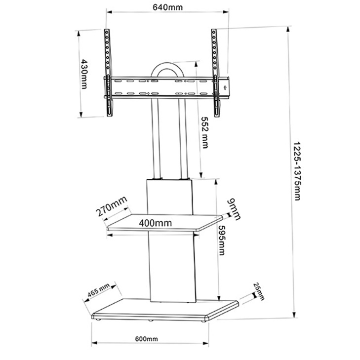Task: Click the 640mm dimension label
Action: (167, 7)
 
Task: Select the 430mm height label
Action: (84, 74)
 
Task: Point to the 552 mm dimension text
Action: (204, 132)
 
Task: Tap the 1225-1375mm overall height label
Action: (297, 171)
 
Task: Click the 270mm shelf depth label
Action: (112, 206)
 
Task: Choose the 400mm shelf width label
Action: (155, 223)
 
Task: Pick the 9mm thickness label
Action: (234, 209)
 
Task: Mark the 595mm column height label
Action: (222, 240)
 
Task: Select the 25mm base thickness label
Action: (259, 291)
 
